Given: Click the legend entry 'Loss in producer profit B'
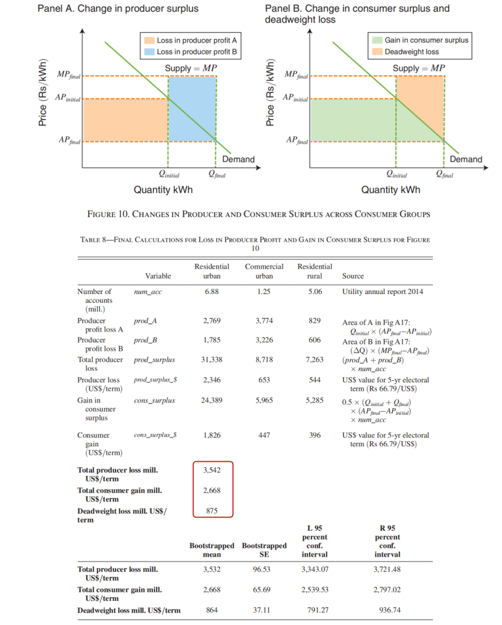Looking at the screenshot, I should (197, 52).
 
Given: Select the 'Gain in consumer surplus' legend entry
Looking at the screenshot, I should (426, 40).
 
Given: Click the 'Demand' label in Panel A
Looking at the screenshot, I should (238, 159).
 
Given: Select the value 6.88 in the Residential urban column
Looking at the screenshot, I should (212, 292).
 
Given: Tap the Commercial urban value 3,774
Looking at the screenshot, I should (264, 321).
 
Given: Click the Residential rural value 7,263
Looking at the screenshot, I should (315, 359).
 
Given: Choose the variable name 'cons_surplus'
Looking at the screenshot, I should (154, 401).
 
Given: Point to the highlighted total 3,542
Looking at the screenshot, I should (212, 470).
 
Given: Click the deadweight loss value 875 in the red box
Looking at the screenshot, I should (212, 511).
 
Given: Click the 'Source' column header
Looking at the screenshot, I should (353, 276).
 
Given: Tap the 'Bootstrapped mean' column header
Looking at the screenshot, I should (212, 550).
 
